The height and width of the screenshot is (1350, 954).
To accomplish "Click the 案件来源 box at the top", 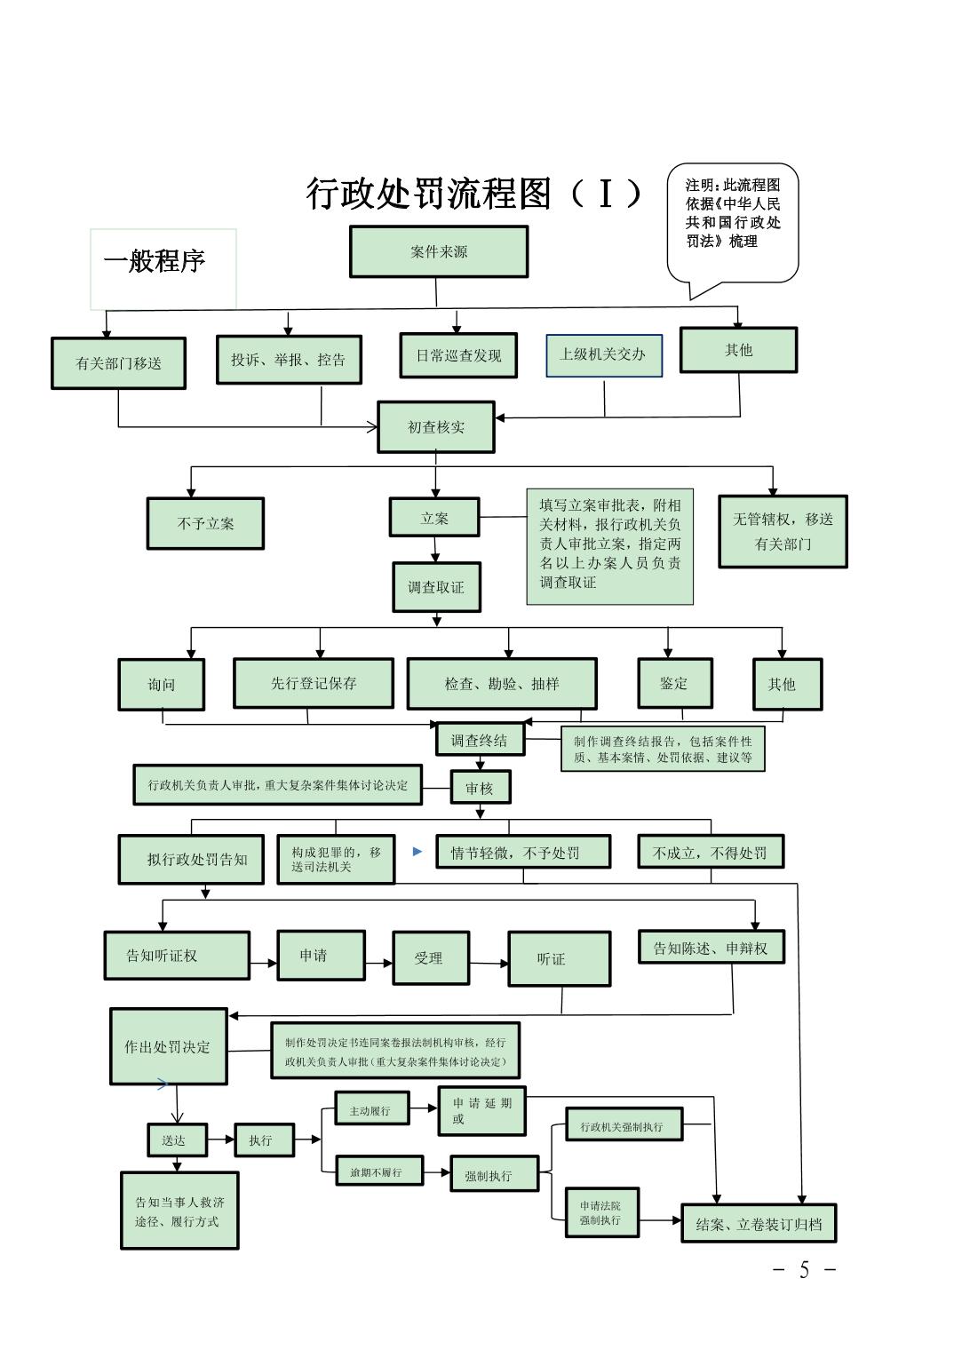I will pos(439,251).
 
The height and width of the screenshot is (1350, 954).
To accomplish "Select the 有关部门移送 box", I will pos(118,363).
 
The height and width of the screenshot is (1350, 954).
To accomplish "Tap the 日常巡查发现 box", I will pos(458,355).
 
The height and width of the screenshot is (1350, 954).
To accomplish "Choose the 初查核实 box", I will pos(435,427).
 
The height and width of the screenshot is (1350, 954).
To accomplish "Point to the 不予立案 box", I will pos(205,523).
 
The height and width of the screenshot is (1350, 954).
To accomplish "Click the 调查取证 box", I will pos(436,587).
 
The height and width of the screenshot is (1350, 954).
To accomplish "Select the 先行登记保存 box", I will pos(314,683).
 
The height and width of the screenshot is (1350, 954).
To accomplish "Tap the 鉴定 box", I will pos(674,683).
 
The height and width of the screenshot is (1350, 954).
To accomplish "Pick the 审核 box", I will pos(480,788).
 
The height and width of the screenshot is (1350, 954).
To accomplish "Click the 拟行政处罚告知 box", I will pos(191,859).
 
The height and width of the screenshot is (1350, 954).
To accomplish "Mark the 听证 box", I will pos(559,958).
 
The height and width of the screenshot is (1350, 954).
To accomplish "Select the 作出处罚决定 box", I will pos(168,1046).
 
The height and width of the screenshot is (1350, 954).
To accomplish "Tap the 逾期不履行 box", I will pos(379,1171).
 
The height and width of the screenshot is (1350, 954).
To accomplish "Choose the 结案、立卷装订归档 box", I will pos(759,1224).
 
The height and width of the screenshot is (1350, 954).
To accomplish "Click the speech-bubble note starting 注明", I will pos(733,222).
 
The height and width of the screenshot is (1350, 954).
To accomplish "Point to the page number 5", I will pos(804,1270).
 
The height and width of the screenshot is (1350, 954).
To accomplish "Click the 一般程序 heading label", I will pos(155,262).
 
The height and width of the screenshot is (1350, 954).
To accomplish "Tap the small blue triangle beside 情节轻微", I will pos(417,852).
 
